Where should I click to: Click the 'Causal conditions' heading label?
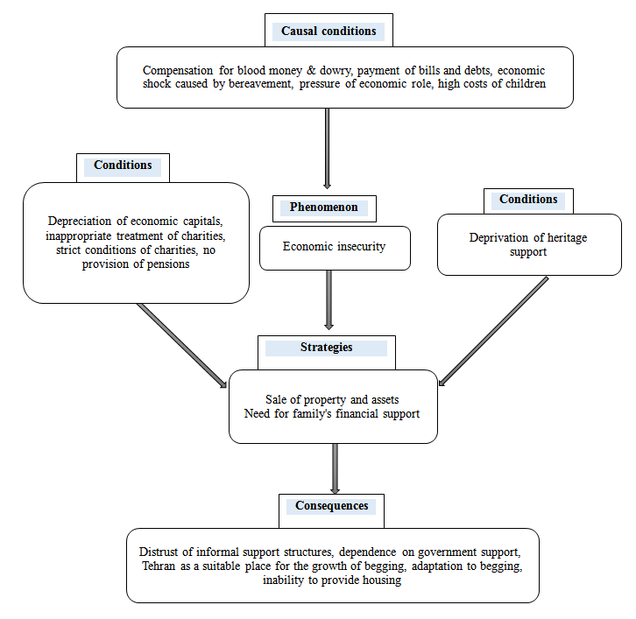coord(329,31)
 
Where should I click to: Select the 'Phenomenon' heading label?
coord(323,207)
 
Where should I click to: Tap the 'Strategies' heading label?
coord(326,348)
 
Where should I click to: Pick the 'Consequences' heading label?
coord(331,505)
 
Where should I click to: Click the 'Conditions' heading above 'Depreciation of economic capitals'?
coord(123,165)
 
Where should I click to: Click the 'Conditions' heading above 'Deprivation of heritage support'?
coord(528,199)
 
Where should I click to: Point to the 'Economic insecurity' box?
coord(335,248)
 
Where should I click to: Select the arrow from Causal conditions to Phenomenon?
coord(327,148)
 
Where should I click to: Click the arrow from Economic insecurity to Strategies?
coord(329,300)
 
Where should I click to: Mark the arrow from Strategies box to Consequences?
coord(335,468)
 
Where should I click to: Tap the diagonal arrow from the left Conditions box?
coord(181,346)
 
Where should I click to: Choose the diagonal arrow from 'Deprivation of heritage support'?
coord(493,332)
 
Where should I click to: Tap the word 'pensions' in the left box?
coord(168,264)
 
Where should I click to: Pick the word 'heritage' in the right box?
coord(567,237)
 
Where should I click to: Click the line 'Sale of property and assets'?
coord(332,400)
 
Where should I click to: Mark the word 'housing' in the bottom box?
coord(382,580)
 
